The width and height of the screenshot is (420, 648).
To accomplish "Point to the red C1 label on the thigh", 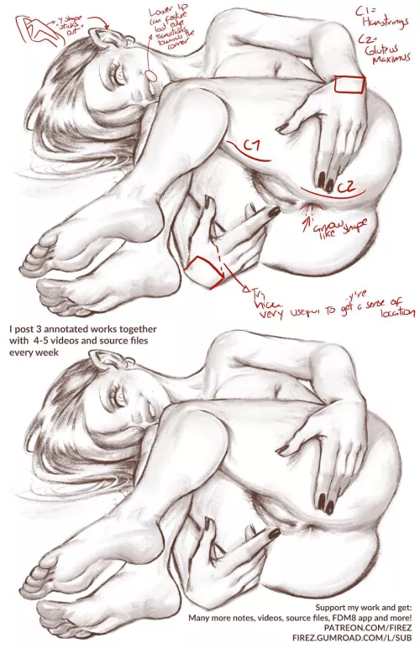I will (x=251, y=147).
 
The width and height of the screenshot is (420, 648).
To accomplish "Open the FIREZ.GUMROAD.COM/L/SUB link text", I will (x=352, y=637).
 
